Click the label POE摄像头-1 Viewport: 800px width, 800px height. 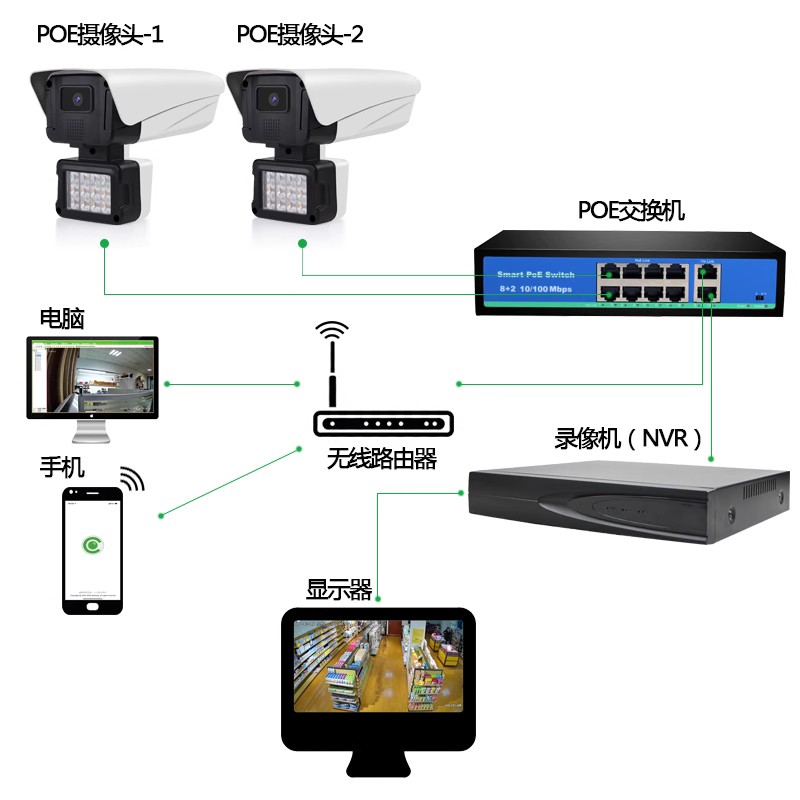click(x=100, y=35)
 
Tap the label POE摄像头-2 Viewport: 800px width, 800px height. click(x=300, y=35)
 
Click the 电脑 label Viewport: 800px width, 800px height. click(x=62, y=319)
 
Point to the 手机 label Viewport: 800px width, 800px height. click(x=62, y=467)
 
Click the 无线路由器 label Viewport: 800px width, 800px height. click(x=382, y=459)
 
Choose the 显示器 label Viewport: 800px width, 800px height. click(x=339, y=591)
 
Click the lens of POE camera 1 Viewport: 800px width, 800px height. click(x=75, y=99)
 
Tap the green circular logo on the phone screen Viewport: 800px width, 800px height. click(x=93, y=546)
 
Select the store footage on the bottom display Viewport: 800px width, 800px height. click(x=378, y=665)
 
